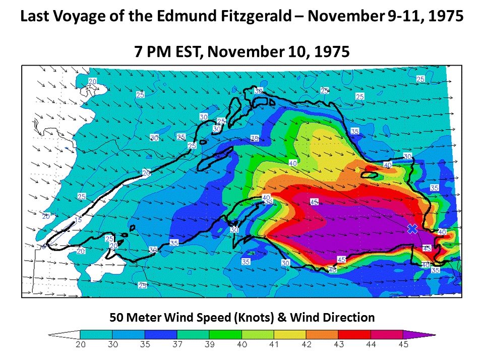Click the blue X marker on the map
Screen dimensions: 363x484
[412, 229]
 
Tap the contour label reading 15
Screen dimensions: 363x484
[77, 220]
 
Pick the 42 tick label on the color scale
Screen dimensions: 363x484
[306, 345]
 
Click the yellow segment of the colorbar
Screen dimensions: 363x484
[290, 334]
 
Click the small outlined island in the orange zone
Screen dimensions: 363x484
[371, 175]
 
